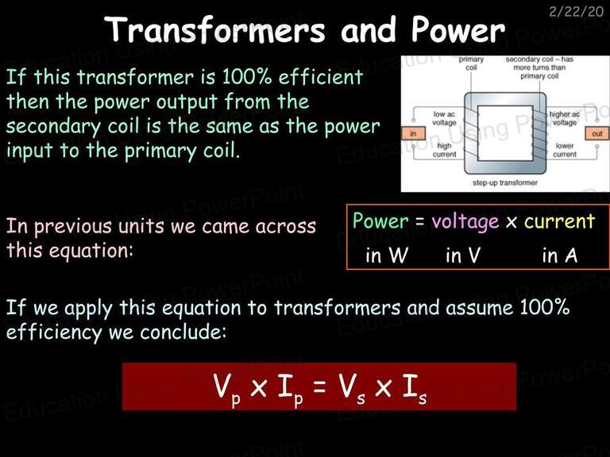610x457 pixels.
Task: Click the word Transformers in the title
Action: tap(214, 29)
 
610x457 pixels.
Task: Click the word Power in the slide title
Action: tap(458, 29)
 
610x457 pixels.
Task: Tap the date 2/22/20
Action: tap(576, 12)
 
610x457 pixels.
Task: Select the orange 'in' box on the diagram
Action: tap(413, 133)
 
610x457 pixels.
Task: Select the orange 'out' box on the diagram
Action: tap(597, 133)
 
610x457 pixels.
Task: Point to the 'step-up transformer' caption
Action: tap(505, 182)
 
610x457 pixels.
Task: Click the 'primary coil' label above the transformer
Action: tap(471, 63)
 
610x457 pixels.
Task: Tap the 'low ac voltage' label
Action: tap(444, 118)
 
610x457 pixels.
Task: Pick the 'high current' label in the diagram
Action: tap(444, 150)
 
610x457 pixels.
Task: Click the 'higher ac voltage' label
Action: tap(565, 118)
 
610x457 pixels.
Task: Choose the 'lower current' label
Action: tap(565, 150)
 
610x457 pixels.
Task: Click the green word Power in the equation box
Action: tap(380, 221)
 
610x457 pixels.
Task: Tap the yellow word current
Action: tap(559, 221)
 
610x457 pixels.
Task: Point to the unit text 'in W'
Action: tap(387, 255)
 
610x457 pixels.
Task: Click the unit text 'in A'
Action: tap(560, 255)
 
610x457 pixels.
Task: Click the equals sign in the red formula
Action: tap(319, 387)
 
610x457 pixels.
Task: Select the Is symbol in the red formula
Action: tap(415, 389)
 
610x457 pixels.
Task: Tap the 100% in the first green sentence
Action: tap(247, 76)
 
